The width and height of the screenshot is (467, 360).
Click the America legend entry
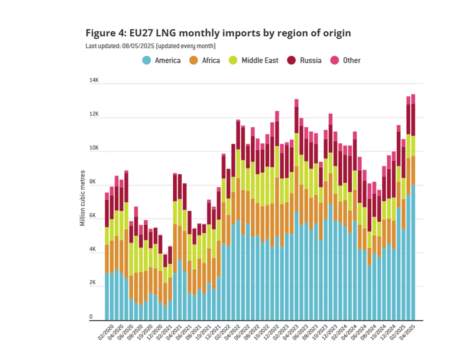click(161, 60)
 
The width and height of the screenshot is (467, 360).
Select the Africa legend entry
click(204, 60)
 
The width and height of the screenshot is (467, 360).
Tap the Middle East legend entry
click(254, 60)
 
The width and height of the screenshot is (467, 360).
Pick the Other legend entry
click(346, 60)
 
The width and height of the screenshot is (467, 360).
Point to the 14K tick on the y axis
click(94, 80)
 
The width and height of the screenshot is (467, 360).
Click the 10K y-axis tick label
click(94, 148)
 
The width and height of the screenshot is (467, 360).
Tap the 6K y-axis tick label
click(92, 215)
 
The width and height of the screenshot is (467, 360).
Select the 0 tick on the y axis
click(91, 317)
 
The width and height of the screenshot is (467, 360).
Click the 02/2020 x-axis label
click(106, 332)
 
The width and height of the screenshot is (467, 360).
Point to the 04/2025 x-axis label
click(408, 332)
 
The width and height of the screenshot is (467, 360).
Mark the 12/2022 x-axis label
click(272, 332)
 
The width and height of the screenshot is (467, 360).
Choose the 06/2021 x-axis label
click(184, 332)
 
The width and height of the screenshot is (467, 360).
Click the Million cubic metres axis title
click(82, 198)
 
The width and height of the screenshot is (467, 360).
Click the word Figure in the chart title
click(100, 33)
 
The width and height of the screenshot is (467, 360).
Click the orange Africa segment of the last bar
click(413, 170)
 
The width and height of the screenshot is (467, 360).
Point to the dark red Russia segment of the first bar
click(107, 214)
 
